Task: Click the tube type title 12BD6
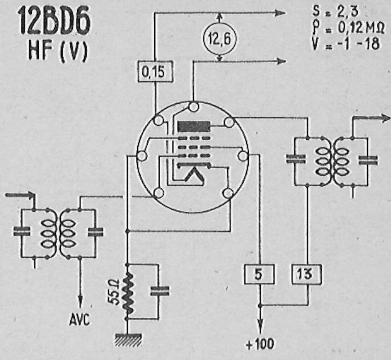point(54,21)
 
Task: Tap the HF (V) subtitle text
point(58,51)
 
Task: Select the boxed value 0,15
point(155,71)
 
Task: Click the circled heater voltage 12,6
point(219,39)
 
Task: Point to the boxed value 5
point(259,274)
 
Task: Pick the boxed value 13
point(307,274)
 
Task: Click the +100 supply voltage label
point(260,344)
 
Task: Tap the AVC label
point(79,319)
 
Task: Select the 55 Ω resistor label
point(114,291)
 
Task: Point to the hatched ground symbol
point(128,339)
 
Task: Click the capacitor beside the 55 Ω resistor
point(160,291)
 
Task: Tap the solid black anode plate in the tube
point(194,127)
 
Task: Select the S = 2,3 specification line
point(336,11)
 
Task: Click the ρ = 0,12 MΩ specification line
point(348,29)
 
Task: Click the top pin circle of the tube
point(194,107)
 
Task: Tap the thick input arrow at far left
point(20,195)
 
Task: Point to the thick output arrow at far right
point(372,118)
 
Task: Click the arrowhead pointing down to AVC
point(80,301)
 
